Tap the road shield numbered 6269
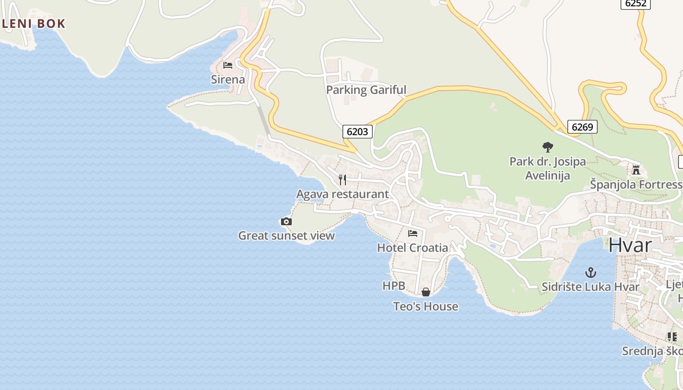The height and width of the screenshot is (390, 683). (582, 127)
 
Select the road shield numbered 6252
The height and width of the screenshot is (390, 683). (635, 3)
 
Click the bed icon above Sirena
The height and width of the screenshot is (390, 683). (228, 65)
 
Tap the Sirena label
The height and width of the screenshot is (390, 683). (228, 79)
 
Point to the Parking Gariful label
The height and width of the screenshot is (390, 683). (366, 90)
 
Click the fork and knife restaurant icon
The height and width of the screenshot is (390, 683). (342, 180)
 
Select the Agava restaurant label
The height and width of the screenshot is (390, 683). (342, 194)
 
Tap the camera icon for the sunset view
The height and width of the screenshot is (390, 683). (286, 222)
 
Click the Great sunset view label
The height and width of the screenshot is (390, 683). (286, 236)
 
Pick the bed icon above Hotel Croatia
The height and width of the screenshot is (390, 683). (413, 234)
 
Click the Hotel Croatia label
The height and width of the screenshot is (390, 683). (413, 248)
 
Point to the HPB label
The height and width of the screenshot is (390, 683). (394, 286)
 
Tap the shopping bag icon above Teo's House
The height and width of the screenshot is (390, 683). (426, 292)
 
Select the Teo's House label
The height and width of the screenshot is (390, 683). (426, 307)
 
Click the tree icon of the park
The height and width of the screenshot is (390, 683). (548, 147)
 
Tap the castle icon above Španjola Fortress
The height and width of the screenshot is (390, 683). (636, 170)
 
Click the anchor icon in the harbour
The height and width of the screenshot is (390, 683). (591, 272)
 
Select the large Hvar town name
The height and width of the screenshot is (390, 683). (630, 245)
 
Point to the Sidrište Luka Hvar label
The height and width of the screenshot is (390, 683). (590, 287)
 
